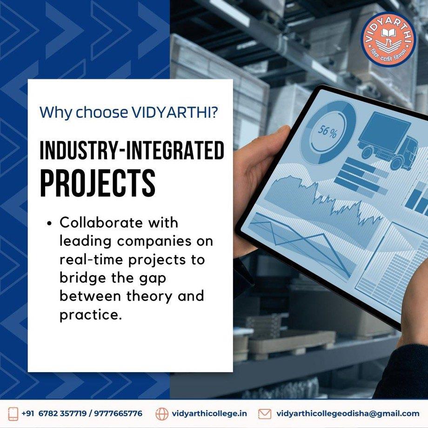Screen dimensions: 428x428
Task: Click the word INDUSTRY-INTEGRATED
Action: [x=132, y=150]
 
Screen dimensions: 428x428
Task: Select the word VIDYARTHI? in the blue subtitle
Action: [x=175, y=112]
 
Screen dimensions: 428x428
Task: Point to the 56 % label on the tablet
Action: [x=328, y=132]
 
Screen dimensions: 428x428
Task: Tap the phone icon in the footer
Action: [x=13, y=414]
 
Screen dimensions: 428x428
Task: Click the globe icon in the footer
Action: [x=162, y=414]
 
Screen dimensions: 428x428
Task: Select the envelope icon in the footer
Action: [x=265, y=414]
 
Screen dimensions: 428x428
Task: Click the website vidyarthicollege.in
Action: [x=209, y=414]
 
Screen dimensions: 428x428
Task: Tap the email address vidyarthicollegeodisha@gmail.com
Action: [x=348, y=414]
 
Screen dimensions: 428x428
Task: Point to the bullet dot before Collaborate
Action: [x=49, y=223]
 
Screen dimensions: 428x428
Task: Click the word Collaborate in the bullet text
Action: [x=101, y=222]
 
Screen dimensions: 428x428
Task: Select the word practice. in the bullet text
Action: [x=90, y=315]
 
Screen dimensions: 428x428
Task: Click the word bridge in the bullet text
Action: [x=83, y=278]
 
